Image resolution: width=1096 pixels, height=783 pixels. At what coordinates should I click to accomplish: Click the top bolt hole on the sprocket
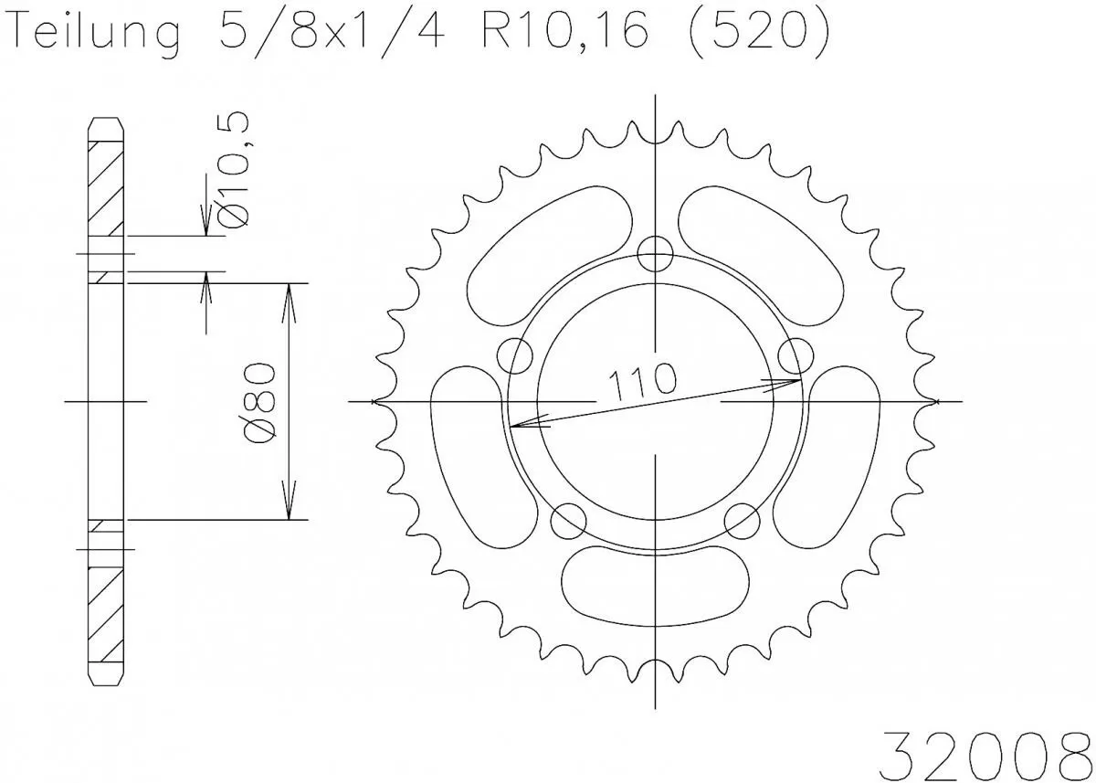[656, 253]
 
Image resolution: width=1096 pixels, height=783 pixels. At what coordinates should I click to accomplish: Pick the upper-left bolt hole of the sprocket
[516, 354]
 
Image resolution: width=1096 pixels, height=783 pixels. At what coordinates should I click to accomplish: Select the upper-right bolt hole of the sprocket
[796, 354]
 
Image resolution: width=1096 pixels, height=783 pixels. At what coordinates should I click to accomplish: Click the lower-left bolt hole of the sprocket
[570, 520]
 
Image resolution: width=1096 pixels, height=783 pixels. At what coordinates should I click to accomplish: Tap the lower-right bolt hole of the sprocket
[742, 520]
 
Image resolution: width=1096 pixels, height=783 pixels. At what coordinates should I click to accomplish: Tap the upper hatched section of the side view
[106, 187]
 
